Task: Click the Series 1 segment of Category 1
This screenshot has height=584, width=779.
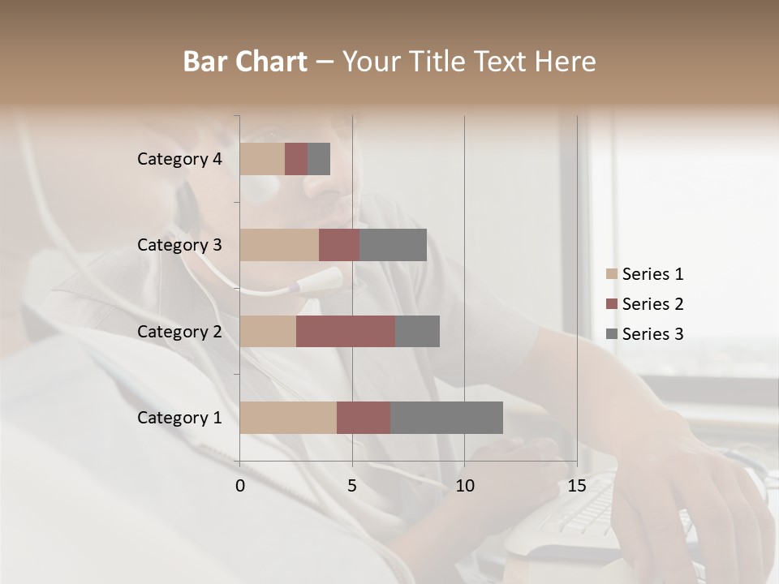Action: (x=288, y=417)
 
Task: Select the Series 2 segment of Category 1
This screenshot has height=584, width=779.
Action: (x=364, y=417)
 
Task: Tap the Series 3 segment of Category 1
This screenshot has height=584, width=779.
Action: (x=446, y=417)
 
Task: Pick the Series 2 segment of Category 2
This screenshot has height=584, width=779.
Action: (x=346, y=331)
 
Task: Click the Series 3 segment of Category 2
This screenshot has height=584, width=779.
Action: (x=417, y=331)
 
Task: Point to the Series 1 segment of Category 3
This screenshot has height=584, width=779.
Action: (x=279, y=245)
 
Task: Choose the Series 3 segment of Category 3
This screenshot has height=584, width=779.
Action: (x=393, y=245)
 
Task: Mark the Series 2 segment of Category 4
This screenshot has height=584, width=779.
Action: (x=296, y=159)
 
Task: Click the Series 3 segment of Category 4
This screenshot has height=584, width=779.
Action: (x=319, y=159)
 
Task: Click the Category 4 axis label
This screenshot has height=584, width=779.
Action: (x=179, y=159)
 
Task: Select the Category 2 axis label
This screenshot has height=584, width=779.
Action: (x=179, y=331)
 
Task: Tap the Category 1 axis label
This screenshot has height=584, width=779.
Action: (x=179, y=418)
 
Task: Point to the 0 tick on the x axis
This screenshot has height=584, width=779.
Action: (x=240, y=486)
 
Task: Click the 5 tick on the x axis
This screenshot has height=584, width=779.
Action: (x=352, y=486)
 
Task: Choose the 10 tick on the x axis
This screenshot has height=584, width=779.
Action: (x=464, y=486)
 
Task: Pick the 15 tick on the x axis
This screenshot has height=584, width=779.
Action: (x=576, y=486)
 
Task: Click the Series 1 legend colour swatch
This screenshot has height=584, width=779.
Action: (x=612, y=274)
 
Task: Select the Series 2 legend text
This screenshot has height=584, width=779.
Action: (x=652, y=304)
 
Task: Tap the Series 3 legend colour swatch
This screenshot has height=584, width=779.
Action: (x=612, y=334)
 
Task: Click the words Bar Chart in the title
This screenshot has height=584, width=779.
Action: (x=245, y=62)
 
